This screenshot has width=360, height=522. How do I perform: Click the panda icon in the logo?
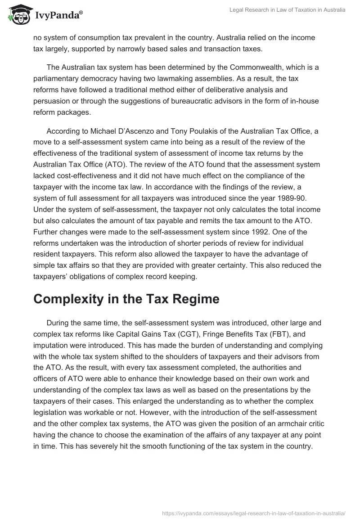17,14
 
